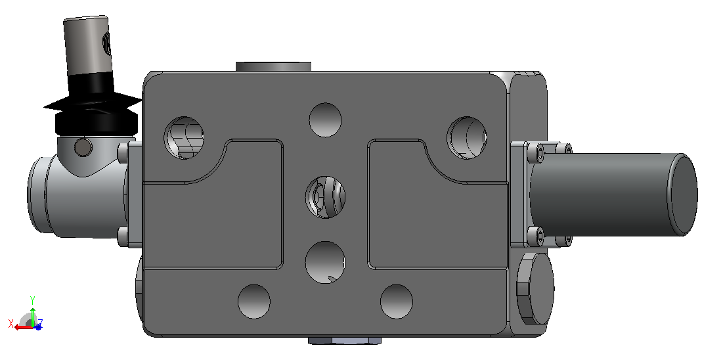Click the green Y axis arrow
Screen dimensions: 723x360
coord(32,310)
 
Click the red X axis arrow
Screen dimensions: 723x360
coord(22,326)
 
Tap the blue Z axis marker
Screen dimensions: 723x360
coord(39,326)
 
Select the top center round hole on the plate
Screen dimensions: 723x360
coord(325,120)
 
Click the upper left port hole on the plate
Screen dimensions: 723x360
coord(184,137)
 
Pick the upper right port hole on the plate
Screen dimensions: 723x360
coord(466,137)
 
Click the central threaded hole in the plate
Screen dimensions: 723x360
coord(325,197)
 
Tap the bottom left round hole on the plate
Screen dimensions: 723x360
coord(254,302)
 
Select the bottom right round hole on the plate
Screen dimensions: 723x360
coord(397,302)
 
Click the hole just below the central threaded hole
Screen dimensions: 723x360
coord(325,262)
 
